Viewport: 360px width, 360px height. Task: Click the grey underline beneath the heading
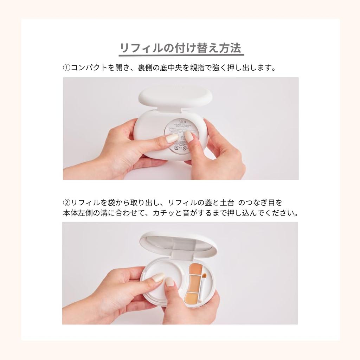pos(181,55)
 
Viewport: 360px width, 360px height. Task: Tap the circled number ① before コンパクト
pos(67,67)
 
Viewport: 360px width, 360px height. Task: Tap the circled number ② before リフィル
pos(67,203)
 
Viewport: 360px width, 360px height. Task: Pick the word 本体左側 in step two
pos(77,213)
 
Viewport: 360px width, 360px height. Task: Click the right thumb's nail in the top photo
pos(189,136)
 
